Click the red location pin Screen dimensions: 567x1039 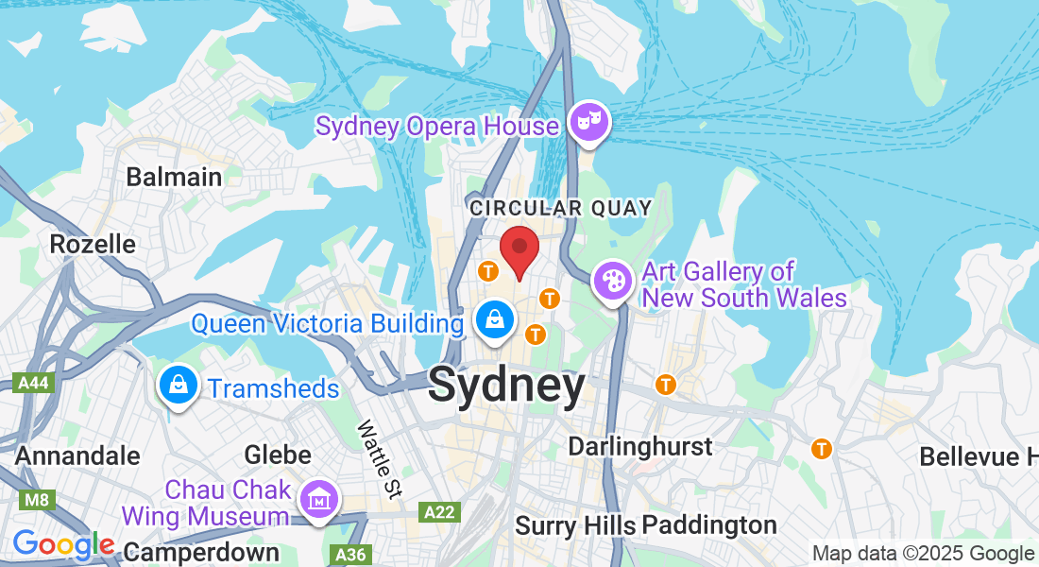click(519, 249)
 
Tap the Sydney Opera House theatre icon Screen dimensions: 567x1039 click(589, 123)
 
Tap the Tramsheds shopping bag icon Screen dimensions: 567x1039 click(177, 386)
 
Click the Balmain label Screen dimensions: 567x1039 click(174, 177)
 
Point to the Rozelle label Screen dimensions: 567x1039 click(93, 244)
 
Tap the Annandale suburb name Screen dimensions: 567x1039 click(77, 455)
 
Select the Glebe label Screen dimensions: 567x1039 click(278, 455)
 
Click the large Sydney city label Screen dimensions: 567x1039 click(506, 387)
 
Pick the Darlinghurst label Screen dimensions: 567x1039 click(640, 446)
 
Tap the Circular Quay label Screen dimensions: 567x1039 click(561, 208)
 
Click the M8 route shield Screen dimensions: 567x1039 click(37, 498)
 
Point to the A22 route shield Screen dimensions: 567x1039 click(437, 512)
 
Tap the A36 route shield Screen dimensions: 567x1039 click(349, 554)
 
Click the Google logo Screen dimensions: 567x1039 click(63, 545)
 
